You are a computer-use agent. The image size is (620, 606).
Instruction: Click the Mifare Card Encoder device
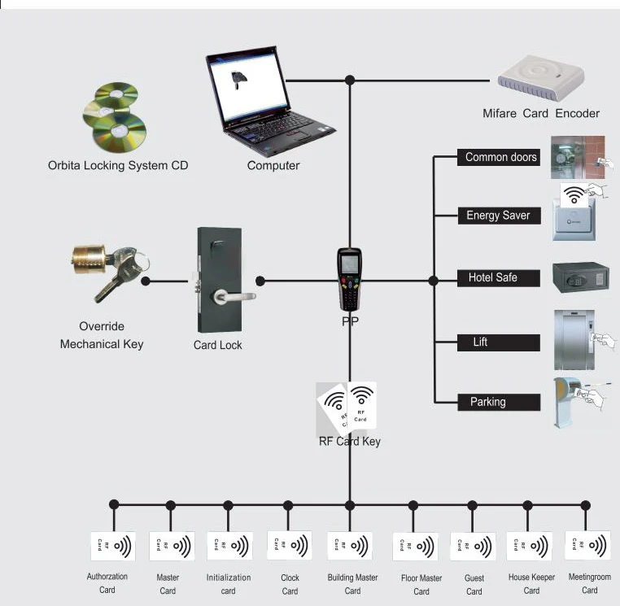pyautogui.click(x=540, y=78)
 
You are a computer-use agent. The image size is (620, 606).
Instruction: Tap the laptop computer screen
pyautogui.click(x=247, y=85)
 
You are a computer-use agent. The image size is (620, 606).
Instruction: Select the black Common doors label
pyautogui.click(x=499, y=157)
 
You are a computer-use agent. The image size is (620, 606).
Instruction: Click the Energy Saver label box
pyautogui.click(x=499, y=216)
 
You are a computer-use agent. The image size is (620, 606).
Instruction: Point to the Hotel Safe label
pyautogui.click(x=499, y=278)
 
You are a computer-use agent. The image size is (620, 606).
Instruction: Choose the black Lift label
pyautogui.click(x=499, y=342)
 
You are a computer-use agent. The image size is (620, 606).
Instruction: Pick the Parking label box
pyautogui.click(x=499, y=403)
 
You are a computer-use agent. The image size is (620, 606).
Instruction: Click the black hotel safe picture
pyautogui.click(x=580, y=277)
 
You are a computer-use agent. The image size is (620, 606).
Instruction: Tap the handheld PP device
pyautogui.click(x=350, y=279)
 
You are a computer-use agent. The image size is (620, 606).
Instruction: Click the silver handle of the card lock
pyautogui.click(x=234, y=296)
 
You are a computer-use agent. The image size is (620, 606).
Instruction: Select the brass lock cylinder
pyautogui.click(x=89, y=259)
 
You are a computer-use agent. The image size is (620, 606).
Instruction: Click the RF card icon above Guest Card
pyautogui.click(x=473, y=547)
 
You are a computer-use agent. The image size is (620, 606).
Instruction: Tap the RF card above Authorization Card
pyautogui.click(x=113, y=546)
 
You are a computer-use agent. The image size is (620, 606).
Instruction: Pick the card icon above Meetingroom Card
pyautogui.click(x=588, y=546)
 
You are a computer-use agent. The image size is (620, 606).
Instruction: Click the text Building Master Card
pyautogui.click(x=352, y=584)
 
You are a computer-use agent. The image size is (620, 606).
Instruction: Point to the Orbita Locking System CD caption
pyautogui.click(x=118, y=165)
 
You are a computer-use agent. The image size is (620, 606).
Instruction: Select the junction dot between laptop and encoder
pyautogui.click(x=350, y=81)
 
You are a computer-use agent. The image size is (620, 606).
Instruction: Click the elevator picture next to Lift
pyautogui.click(x=574, y=340)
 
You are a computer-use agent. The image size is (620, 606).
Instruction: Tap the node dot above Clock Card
pyautogui.click(x=288, y=505)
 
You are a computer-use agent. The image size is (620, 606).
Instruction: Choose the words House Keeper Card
pyautogui.click(x=531, y=583)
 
